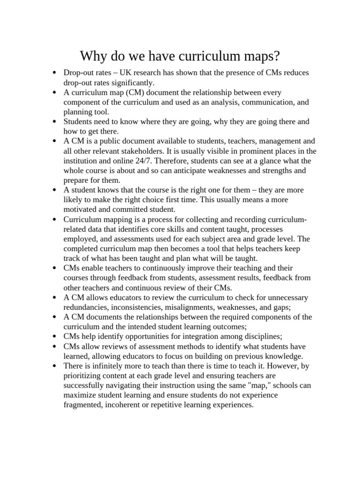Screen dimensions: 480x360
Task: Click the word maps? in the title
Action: coord(260,57)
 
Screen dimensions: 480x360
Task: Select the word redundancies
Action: coord(86,307)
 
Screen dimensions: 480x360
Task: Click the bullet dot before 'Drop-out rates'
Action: coord(55,73)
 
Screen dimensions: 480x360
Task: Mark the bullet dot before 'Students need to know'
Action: coord(55,122)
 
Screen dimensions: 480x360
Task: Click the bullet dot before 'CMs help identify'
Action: coord(55,337)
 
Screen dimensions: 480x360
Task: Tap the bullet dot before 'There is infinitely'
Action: coord(55,366)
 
